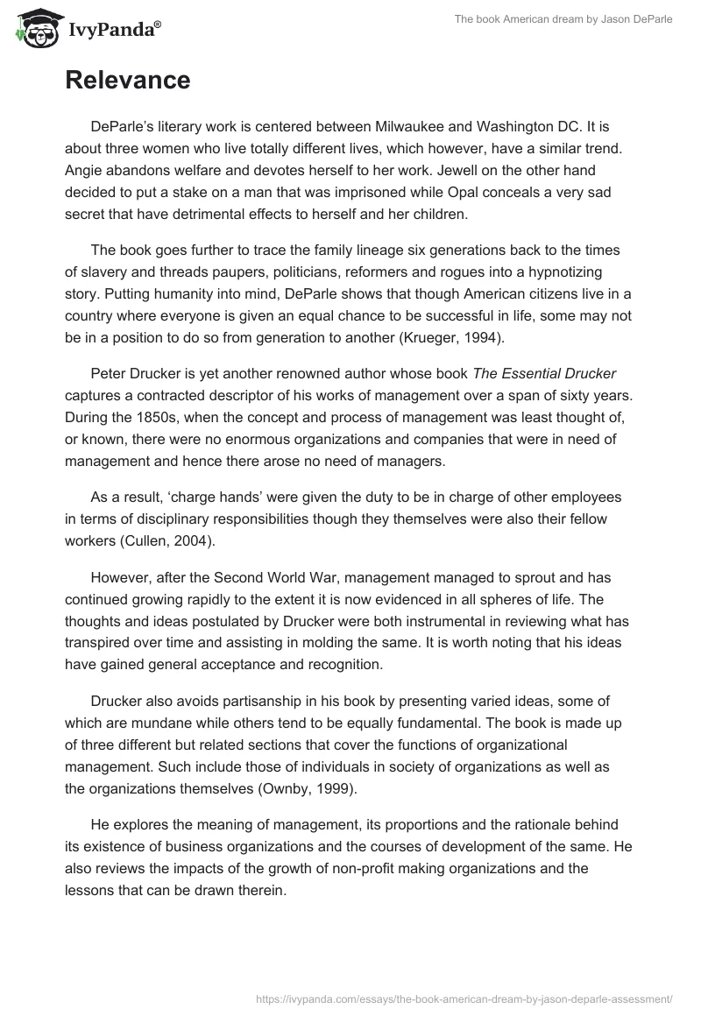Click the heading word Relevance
[127, 81]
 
